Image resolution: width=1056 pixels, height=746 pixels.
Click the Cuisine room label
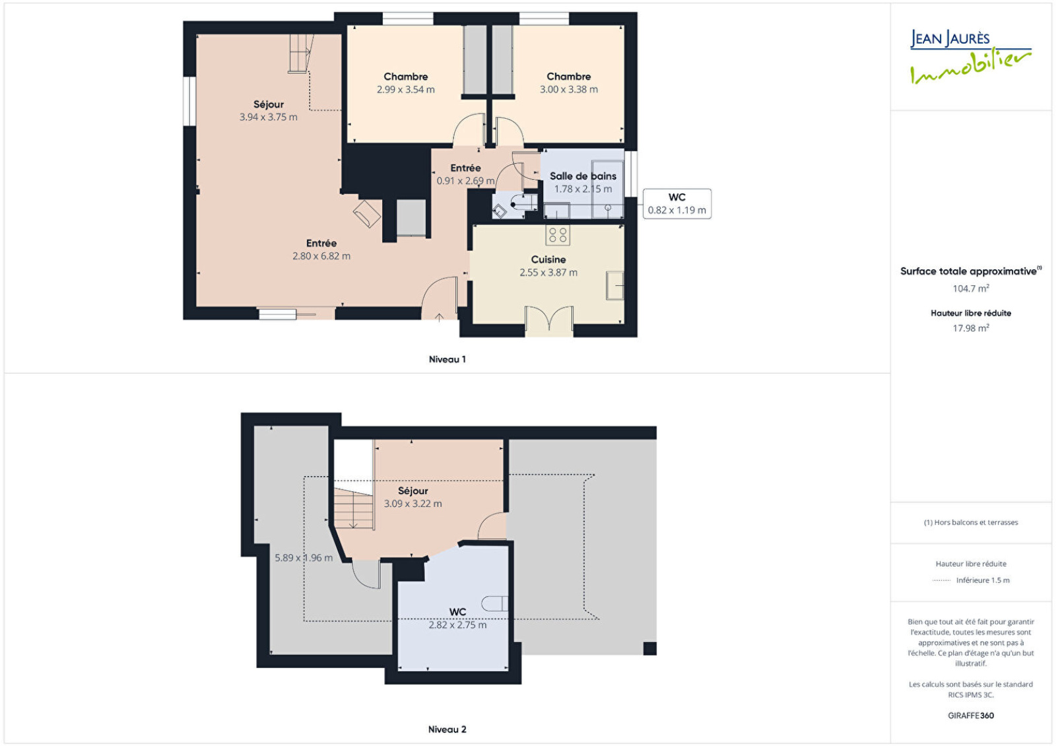(548, 259)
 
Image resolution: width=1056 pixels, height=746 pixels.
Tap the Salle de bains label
(583, 176)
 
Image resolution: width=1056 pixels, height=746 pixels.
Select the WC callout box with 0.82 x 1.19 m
(677, 204)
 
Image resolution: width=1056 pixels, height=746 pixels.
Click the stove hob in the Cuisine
(558, 235)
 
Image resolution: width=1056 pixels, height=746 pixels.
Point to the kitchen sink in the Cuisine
(614, 285)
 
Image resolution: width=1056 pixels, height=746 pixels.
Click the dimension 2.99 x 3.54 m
(405, 90)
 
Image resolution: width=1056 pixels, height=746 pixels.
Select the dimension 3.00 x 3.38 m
(568, 90)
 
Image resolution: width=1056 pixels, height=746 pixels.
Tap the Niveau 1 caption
(447, 359)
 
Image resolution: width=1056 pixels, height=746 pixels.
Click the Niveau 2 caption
(447, 729)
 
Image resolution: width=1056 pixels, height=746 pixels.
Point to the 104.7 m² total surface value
(971, 288)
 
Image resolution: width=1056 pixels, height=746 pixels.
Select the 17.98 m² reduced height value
(971, 327)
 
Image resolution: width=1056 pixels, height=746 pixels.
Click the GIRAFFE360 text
(971, 716)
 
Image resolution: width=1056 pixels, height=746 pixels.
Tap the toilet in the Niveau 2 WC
(494, 603)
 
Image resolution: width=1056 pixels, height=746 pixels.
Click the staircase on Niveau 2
(354, 509)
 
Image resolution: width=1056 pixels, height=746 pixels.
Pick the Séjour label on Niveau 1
(268, 104)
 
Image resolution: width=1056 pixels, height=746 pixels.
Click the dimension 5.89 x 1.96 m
(304, 558)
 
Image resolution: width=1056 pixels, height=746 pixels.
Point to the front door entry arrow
(439, 318)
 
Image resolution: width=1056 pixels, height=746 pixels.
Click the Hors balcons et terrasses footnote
(971, 522)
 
